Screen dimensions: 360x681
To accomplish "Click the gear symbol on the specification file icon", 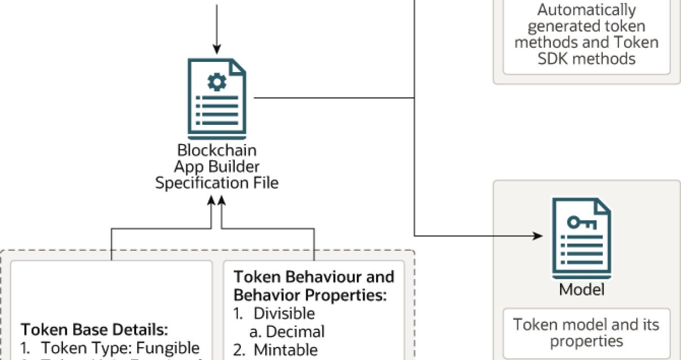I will click(x=217, y=83).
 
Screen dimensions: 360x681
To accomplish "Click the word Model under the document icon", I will click(x=581, y=290).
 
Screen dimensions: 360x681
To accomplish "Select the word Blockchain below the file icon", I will click(x=217, y=151).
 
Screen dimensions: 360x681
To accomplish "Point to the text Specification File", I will click(x=217, y=183).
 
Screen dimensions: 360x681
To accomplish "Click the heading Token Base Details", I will click(x=95, y=329).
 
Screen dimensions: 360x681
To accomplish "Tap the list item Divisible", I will click(x=284, y=313).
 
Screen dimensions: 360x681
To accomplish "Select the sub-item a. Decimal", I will click(x=287, y=332).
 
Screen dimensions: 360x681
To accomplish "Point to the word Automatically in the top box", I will click(x=586, y=10).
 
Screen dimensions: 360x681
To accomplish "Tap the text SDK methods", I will click(x=586, y=58).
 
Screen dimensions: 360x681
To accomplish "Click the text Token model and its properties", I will click(x=586, y=332).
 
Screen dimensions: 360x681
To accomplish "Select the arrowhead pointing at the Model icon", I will click(x=537, y=236).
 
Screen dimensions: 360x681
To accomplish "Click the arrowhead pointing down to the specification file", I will click(x=216, y=50).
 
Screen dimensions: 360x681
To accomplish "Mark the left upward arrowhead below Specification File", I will click(x=212, y=201).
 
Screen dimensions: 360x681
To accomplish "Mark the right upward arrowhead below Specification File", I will click(x=222, y=201).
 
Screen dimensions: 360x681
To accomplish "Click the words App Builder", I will click(x=217, y=167).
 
